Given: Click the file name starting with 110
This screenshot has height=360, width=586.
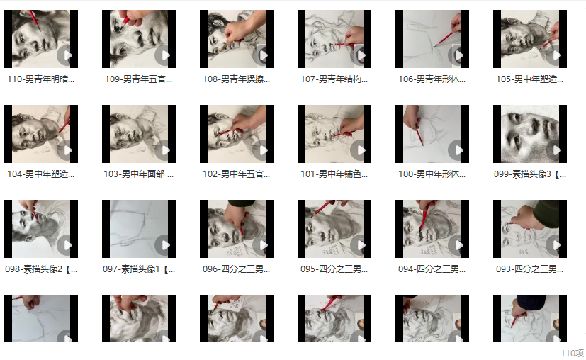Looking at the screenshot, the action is pos(40,79).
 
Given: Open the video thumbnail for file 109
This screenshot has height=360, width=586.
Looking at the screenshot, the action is pos(139,39).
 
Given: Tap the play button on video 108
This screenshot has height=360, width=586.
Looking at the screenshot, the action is pos(261,55).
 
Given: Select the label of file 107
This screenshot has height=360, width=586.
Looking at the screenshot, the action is pos(334,79).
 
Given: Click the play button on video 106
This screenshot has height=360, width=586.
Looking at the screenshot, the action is pos(457,55).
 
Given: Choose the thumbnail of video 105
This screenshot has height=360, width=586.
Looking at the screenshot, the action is pos(530,39).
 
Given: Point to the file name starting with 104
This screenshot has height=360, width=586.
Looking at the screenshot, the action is pos(40,174).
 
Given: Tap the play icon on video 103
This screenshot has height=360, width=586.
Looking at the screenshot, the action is pos(164,150).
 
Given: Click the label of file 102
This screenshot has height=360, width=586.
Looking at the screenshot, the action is pos(236,174).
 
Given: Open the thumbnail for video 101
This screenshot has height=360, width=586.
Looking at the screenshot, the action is pos(334,134).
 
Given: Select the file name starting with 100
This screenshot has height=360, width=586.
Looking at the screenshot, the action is pos(432,174).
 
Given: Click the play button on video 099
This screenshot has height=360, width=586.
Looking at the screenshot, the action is pos(555,150).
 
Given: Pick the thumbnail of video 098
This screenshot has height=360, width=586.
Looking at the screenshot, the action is pos(41,229).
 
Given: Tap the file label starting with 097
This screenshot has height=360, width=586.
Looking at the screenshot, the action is pos(139,269).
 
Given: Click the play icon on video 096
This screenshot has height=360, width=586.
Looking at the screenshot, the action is pos(261,245).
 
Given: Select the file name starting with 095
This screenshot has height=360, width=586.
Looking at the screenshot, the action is pos(334,269).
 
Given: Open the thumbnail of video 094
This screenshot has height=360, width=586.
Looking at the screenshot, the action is pos(432,229).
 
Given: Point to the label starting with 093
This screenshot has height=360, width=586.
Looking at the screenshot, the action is pos(529,269).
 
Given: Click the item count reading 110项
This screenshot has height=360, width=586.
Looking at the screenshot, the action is pos(572,354).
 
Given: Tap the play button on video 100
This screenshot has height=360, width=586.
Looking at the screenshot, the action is pos(457,150).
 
